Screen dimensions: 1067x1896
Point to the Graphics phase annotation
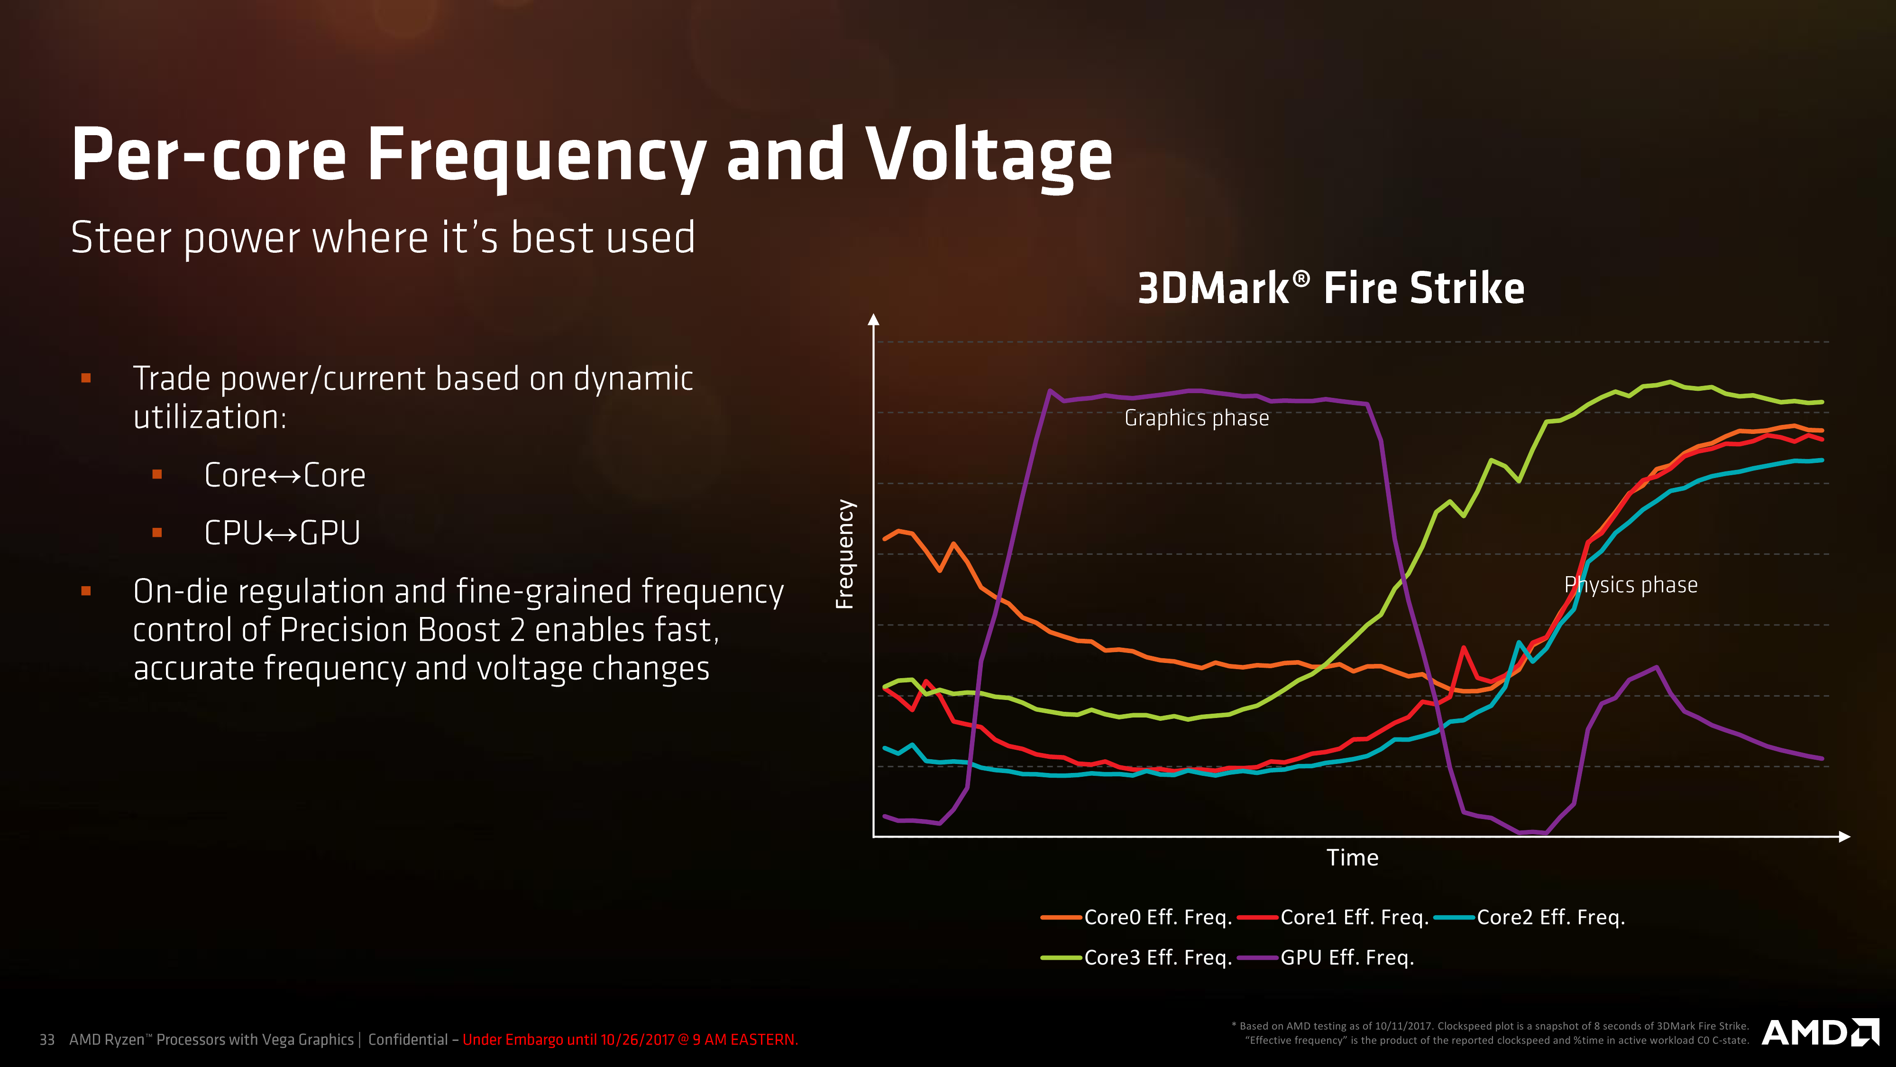pyautogui.click(x=1197, y=418)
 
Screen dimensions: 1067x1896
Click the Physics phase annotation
pyautogui.click(x=1631, y=585)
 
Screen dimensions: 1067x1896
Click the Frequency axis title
pyautogui.click(x=845, y=554)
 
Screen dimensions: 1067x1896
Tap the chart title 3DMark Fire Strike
pyautogui.click(x=1331, y=288)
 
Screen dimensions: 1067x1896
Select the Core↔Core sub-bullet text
pyautogui.click(x=285, y=475)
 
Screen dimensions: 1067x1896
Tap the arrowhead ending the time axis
pyautogui.click(x=1844, y=837)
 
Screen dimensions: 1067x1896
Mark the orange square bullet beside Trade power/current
pyautogui.click(x=86, y=378)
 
